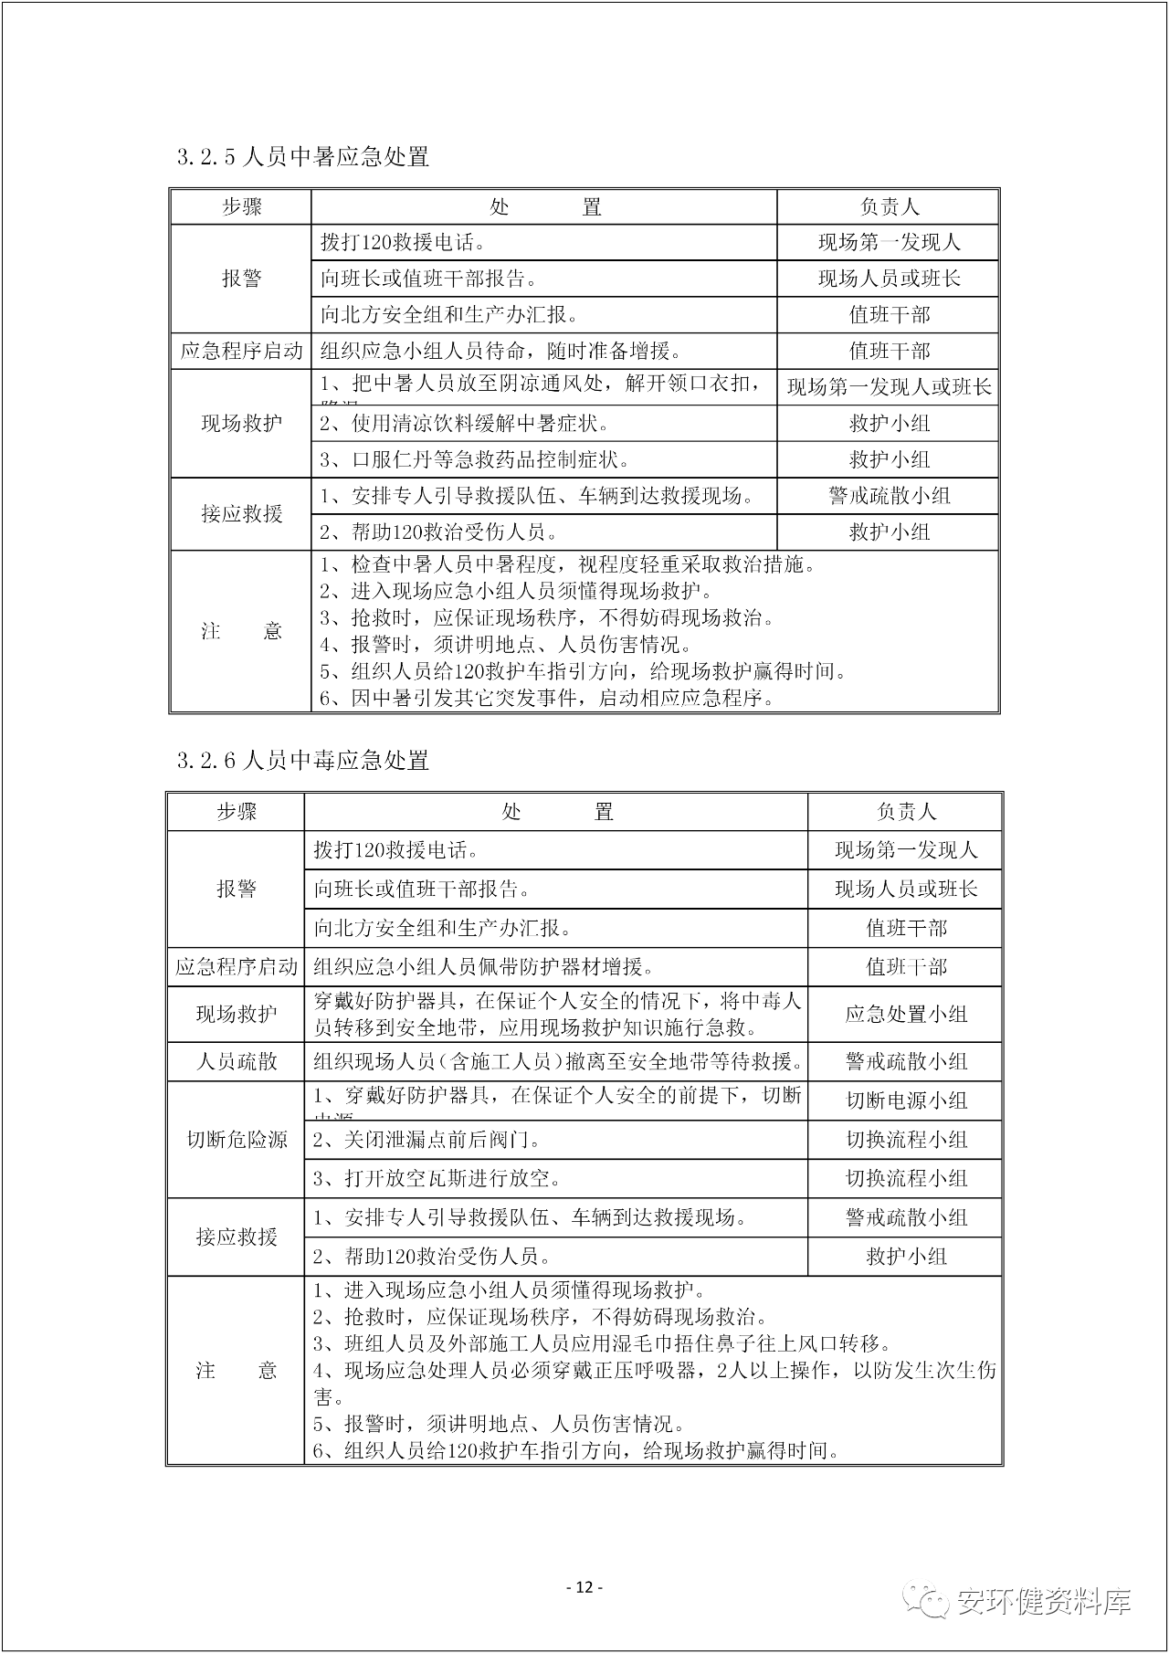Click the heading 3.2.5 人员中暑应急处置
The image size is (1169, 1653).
point(303,157)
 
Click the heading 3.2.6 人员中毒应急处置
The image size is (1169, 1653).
point(303,761)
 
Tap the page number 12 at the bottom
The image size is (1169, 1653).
point(584,1587)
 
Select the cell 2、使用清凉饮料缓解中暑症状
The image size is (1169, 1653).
point(464,424)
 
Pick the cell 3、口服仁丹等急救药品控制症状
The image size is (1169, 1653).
point(474,459)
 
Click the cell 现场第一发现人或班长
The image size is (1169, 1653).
point(889,387)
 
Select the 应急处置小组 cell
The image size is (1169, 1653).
point(906,1014)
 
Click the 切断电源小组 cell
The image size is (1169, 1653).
point(906,1100)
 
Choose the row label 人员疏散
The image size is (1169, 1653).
point(237,1061)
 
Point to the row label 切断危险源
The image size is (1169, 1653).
point(237,1140)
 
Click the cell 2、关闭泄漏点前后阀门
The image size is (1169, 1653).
point(427,1140)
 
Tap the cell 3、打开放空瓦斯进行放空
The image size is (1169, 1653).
point(437,1178)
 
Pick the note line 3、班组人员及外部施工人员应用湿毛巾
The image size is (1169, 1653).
point(602,1343)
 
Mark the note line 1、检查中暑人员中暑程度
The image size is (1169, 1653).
point(567,564)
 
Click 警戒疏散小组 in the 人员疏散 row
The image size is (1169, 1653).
point(906,1061)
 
